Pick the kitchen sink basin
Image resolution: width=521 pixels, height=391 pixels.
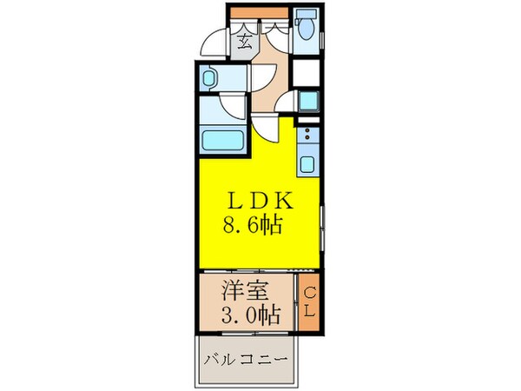point(307,162)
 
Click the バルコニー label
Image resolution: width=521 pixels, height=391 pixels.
point(246,358)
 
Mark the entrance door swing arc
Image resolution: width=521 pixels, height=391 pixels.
point(210,43)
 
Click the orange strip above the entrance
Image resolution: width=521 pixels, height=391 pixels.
point(258,12)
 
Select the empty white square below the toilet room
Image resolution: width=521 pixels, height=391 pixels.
point(307,72)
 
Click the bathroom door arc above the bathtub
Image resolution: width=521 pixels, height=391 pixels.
point(232,106)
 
